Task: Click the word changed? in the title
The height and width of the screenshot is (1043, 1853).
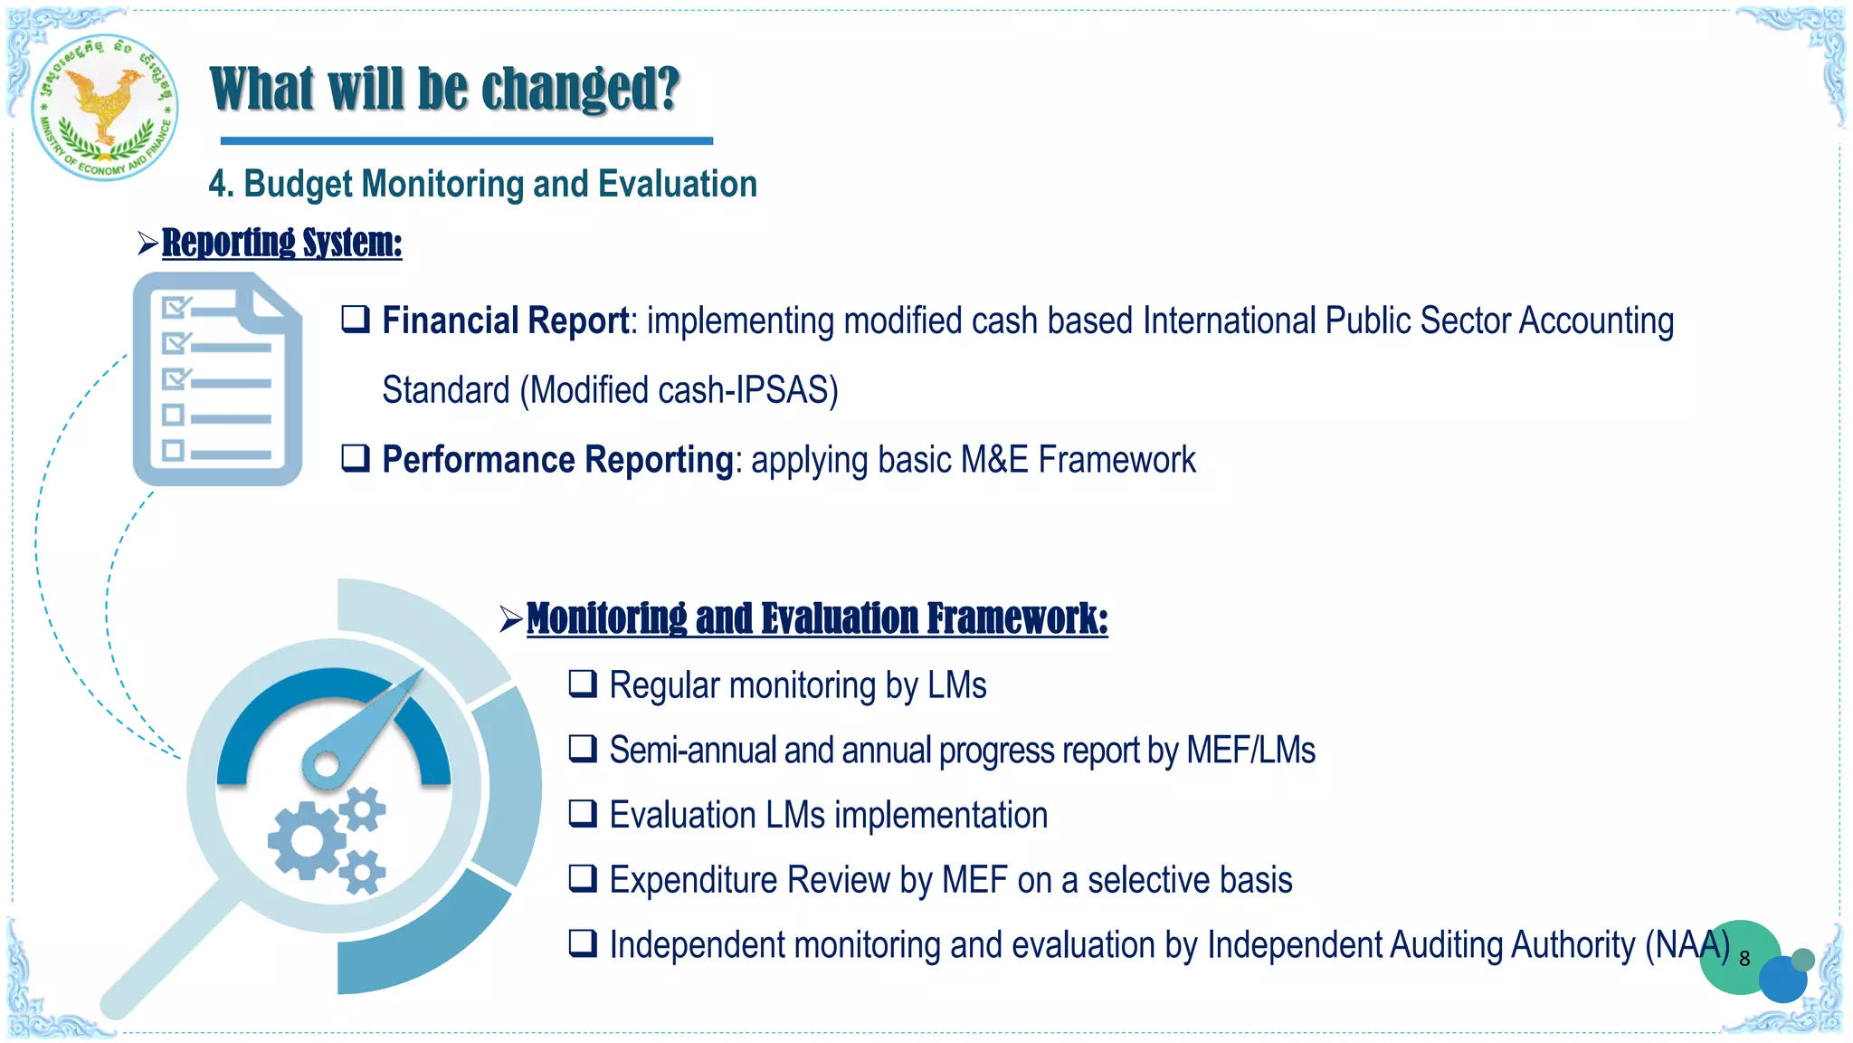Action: pyautogui.click(x=580, y=90)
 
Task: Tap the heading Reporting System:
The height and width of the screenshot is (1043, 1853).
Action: pyautogui.click(x=281, y=243)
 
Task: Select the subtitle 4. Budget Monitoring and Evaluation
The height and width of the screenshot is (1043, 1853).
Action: pyautogui.click(x=482, y=184)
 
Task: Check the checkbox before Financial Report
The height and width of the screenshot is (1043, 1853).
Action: pyautogui.click(x=356, y=319)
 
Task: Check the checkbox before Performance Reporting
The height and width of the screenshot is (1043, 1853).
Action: pyautogui.click(x=356, y=458)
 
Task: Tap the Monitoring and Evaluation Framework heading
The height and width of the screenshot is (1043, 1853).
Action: pyautogui.click(x=816, y=619)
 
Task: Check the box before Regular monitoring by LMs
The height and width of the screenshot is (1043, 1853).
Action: pyautogui.click(x=583, y=684)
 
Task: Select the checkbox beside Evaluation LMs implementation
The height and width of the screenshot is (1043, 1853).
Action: pyautogui.click(x=583, y=814)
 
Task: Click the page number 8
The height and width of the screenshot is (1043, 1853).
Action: pyautogui.click(x=1744, y=959)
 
